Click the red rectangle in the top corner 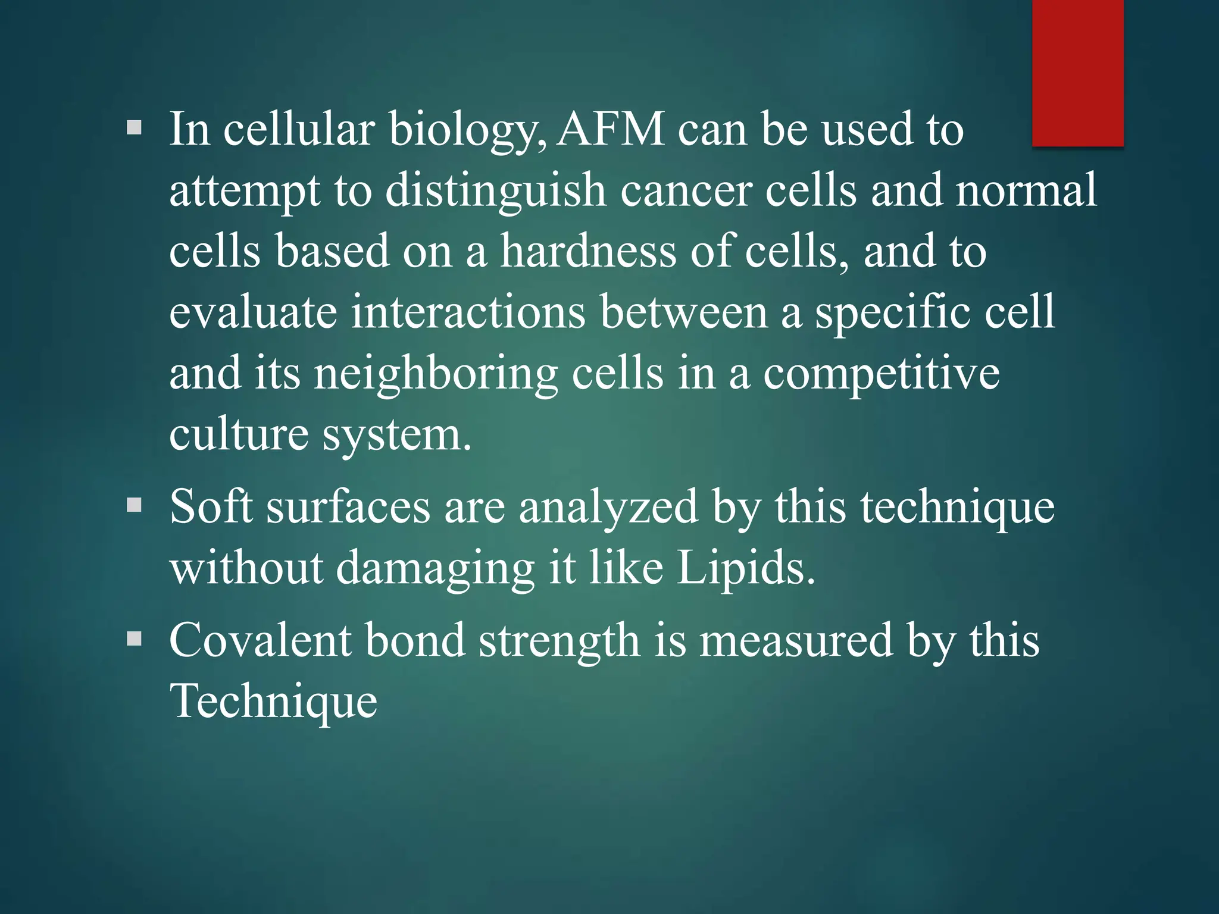pyautogui.click(x=1077, y=73)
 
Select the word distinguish pyautogui.click(x=495, y=191)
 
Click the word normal pyautogui.click(x=1026, y=190)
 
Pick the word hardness pyautogui.click(x=587, y=251)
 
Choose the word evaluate pyautogui.click(x=253, y=312)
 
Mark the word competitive pyautogui.click(x=881, y=374)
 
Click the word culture pyautogui.click(x=239, y=434)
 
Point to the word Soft pyautogui.click(x=211, y=506)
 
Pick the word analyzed pyautogui.click(x=608, y=508)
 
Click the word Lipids pyautogui.click(x=745, y=568)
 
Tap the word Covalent pyautogui.click(x=260, y=640)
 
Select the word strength pyautogui.click(x=559, y=641)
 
